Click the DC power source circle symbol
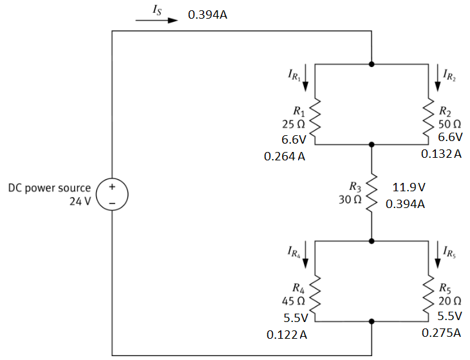click(x=111, y=194)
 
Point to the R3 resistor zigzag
click(x=371, y=193)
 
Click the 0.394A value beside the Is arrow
click(x=207, y=14)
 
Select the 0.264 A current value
click(x=285, y=156)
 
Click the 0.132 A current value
click(x=441, y=155)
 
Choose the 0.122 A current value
click(x=286, y=335)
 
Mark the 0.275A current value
click(x=441, y=334)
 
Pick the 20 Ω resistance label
click(x=449, y=301)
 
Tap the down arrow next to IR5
click(x=439, y=254)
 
